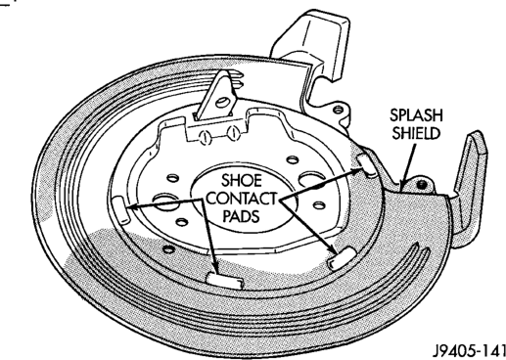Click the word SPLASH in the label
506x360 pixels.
click(416, 115)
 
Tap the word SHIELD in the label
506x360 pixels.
click(416, 133)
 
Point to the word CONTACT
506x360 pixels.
click(241, 199)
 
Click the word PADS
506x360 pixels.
click(241, 216)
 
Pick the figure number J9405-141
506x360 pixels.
click(469, 351)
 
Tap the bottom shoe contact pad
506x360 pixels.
click(225, 280)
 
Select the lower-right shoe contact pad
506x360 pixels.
click(341, 257)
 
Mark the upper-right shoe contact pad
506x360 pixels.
click(367, 165)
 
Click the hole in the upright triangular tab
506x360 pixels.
click(222, 102)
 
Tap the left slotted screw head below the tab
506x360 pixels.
click(205, 138)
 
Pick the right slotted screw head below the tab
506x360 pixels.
click(233, 133)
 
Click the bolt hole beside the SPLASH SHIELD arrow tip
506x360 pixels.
click(422, 185)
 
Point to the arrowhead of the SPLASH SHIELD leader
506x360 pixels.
click(403, 185)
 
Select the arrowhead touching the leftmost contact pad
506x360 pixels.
click(131, 206)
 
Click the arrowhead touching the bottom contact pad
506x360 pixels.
click(213, 268)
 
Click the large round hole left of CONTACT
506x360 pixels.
click(165, 200)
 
